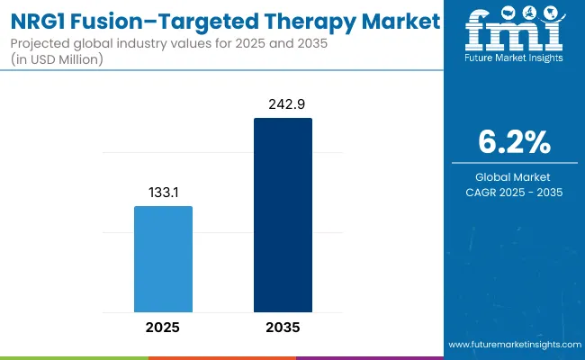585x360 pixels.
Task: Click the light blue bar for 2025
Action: click(x=163, y=258)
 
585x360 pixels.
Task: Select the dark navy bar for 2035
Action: click(x=283, y=214)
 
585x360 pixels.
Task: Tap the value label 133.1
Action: click(x=163, y=193)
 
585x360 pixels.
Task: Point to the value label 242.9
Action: click(x=283, y=104)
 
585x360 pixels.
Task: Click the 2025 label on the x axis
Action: click(x=163, y=327)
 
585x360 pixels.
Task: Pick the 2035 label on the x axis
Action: click(x=283, y=327)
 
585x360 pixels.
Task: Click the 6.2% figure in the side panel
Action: click(x=514, y=141)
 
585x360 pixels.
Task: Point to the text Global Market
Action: click(x=514, y=176)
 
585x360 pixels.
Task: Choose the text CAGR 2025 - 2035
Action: click(x=514, y=192)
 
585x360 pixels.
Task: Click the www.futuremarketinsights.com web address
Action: click(x=513, y=345)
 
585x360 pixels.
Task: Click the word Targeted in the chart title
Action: click(x=217, y=20)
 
